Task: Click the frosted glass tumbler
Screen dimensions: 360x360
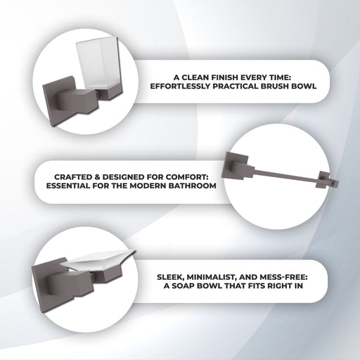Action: coord(98,64)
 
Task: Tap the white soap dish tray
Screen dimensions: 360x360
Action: coord(98,260)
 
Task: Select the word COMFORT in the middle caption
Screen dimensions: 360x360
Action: coord(189,176)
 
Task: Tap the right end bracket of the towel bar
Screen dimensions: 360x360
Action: coord(327,180)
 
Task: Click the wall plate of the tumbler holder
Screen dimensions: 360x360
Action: coord(59,101)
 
